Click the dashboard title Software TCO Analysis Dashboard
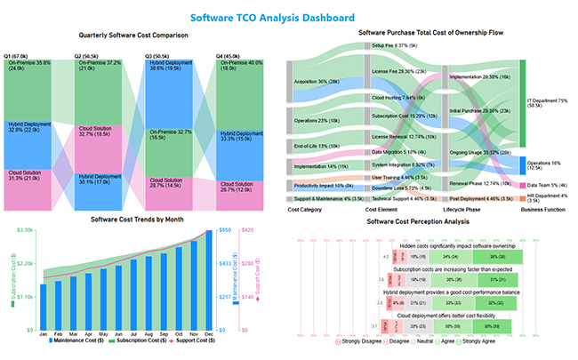coord(288,18)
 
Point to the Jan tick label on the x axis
coord(43,333)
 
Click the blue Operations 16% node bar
coord(522,164)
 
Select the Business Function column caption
coord(542,210)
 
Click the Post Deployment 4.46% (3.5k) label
coord(480,199)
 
